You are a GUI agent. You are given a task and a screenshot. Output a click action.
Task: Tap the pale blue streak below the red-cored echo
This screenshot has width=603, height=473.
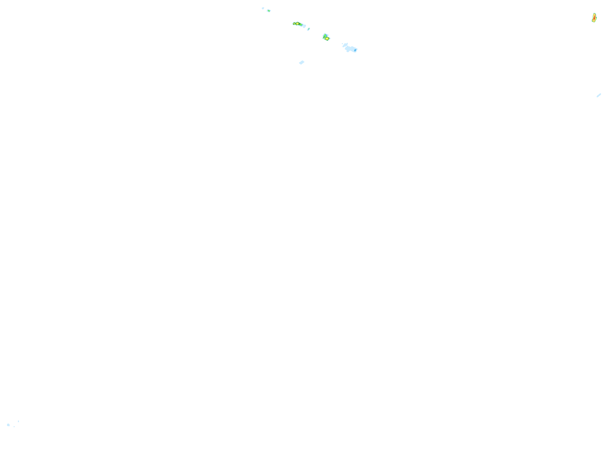pos(599,96)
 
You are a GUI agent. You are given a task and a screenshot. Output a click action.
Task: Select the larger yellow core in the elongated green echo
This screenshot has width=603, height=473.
pos(297,24)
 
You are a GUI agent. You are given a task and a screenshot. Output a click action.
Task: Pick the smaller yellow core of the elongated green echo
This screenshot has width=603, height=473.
pos(294,24)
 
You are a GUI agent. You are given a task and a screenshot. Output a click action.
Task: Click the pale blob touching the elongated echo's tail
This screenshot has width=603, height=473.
pos(305,26)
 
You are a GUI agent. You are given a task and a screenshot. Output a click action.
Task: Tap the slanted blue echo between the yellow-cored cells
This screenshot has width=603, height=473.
pos(309,29)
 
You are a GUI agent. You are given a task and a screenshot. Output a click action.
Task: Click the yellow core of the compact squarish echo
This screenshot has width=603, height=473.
pos(327,39)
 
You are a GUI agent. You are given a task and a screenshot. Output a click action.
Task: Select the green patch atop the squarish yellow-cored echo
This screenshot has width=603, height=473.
pos(325,35)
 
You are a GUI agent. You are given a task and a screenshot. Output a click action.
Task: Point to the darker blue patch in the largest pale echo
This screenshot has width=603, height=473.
pos(355,50)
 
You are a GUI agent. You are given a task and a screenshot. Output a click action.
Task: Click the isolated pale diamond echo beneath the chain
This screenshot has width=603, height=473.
pos(302,62)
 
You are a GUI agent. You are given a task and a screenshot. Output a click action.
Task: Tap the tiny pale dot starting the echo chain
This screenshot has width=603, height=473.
pos(263,8)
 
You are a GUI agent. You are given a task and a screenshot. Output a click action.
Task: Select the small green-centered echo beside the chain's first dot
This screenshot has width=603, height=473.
pos(269,11)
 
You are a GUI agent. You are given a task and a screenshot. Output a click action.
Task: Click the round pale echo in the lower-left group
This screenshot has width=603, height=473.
pos(8,425)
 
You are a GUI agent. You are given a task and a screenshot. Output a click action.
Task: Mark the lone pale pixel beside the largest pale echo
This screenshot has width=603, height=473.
pos(342,44)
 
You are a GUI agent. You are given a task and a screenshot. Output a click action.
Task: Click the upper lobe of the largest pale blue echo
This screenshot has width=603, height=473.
pos(346,45)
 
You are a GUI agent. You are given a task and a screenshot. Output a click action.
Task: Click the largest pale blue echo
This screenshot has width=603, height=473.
pos(351,49)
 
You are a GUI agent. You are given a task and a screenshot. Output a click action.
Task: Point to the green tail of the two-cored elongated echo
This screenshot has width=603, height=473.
pos(302,25)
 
